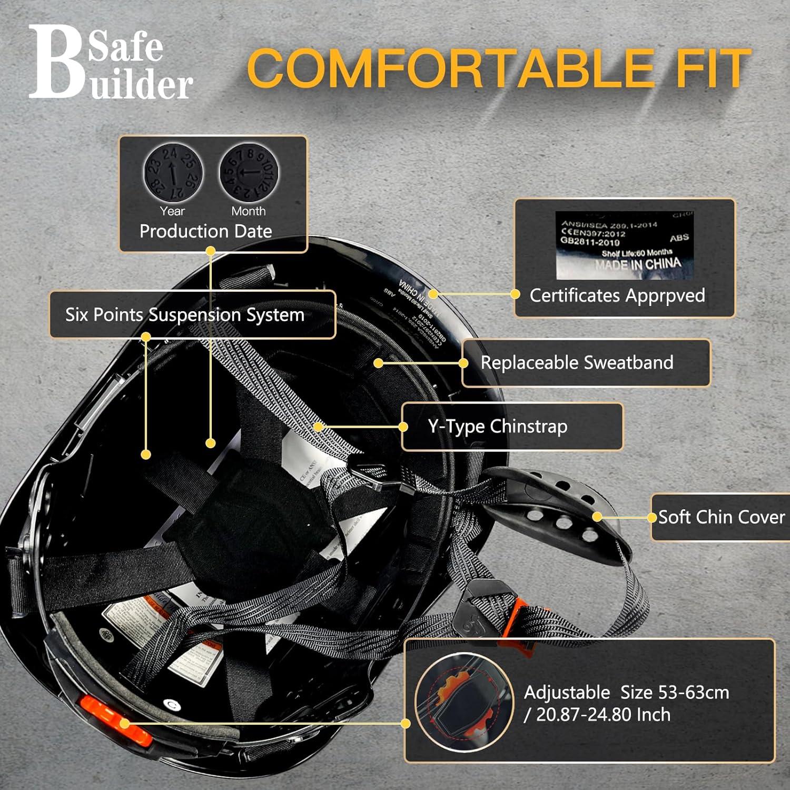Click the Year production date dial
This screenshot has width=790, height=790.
(172, 173)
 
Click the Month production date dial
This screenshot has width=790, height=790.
(248, 173)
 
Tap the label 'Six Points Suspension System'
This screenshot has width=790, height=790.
(185, 315)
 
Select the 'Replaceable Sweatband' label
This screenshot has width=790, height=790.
(577, 363)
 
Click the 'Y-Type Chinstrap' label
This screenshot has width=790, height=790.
(498, 427)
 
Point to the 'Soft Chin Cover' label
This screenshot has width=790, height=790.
(722, 517)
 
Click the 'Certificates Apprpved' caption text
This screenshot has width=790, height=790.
(617, 295)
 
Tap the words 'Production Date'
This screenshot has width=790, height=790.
(206, 231)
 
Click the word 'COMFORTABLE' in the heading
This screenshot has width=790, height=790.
(450, 68)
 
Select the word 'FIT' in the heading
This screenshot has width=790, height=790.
(714, 68)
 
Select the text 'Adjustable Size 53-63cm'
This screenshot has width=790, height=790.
(627, 693)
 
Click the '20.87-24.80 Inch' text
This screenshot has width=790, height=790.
(603, 715)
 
